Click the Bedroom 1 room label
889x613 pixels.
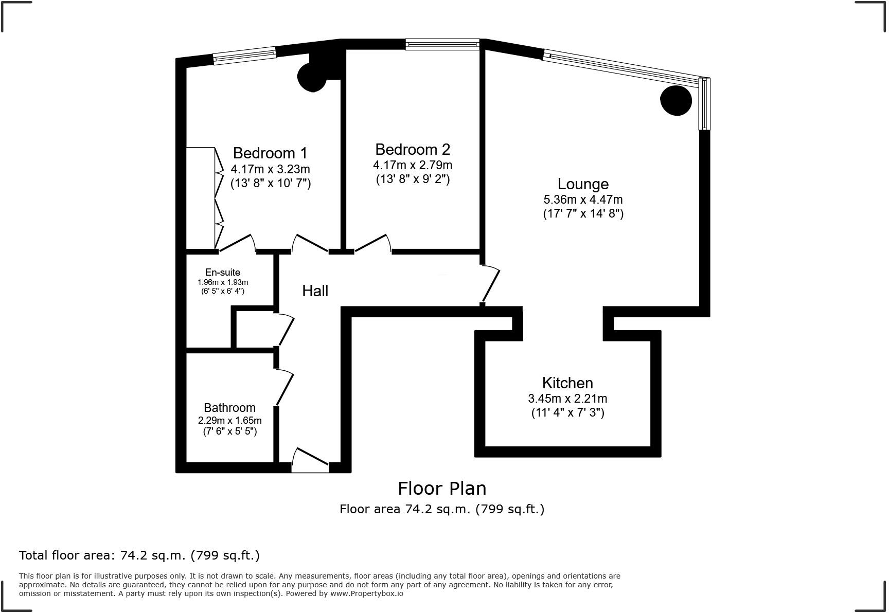(270, 153)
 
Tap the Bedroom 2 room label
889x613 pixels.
(413, 149)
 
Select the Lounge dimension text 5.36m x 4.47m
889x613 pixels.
(583, 200)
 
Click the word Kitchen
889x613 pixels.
(567, 383)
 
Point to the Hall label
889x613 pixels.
(315, 291)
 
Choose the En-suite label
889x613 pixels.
(222, 272)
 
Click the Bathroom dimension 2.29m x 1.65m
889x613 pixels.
(229, 420)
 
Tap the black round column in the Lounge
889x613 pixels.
(675, 100)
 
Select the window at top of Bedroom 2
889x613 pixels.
(442, 45)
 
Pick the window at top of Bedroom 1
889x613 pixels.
(244, 56)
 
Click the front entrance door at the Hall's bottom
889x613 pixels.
(310, 460)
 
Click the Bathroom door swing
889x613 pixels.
(285, 387)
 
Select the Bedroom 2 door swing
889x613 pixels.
(372, 244)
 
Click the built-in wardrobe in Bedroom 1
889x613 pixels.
(200, 198)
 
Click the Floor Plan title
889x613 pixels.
(442, 488)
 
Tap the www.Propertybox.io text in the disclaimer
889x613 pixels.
(366, 593)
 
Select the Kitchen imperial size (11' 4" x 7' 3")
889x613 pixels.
(567, 412)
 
